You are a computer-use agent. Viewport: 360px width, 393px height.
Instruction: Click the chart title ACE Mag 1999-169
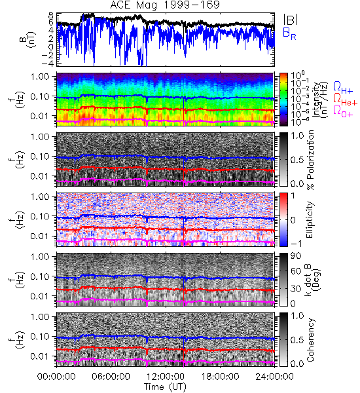point(165,5)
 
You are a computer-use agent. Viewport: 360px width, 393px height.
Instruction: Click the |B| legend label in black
point(291,20)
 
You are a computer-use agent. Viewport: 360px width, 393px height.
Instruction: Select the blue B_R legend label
point(289,33)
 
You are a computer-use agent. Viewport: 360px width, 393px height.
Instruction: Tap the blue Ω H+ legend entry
point(343,88)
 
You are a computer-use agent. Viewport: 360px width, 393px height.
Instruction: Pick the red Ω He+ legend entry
point(345,100)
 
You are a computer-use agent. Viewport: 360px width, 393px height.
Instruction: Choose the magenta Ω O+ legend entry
point(343,111)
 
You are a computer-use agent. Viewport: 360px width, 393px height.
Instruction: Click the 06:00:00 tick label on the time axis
point(111,377)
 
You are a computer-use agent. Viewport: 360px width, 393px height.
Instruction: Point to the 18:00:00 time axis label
point(220,377)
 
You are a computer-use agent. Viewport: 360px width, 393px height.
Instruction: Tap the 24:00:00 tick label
point(274,377)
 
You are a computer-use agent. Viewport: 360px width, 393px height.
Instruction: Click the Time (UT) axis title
point(165,386)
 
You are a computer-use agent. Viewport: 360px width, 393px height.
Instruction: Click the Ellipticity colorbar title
point(310,219)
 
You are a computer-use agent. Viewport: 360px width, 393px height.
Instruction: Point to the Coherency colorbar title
point(310,340)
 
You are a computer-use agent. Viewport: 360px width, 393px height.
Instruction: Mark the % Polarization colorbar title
point(310,160)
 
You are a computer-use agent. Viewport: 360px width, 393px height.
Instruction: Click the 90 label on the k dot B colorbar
point(296,256)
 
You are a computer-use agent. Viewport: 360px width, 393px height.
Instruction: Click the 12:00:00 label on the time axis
point(166,377)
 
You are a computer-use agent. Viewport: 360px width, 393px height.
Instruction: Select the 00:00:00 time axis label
point(56,377)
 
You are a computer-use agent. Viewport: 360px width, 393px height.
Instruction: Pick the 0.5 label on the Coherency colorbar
point(297,340)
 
